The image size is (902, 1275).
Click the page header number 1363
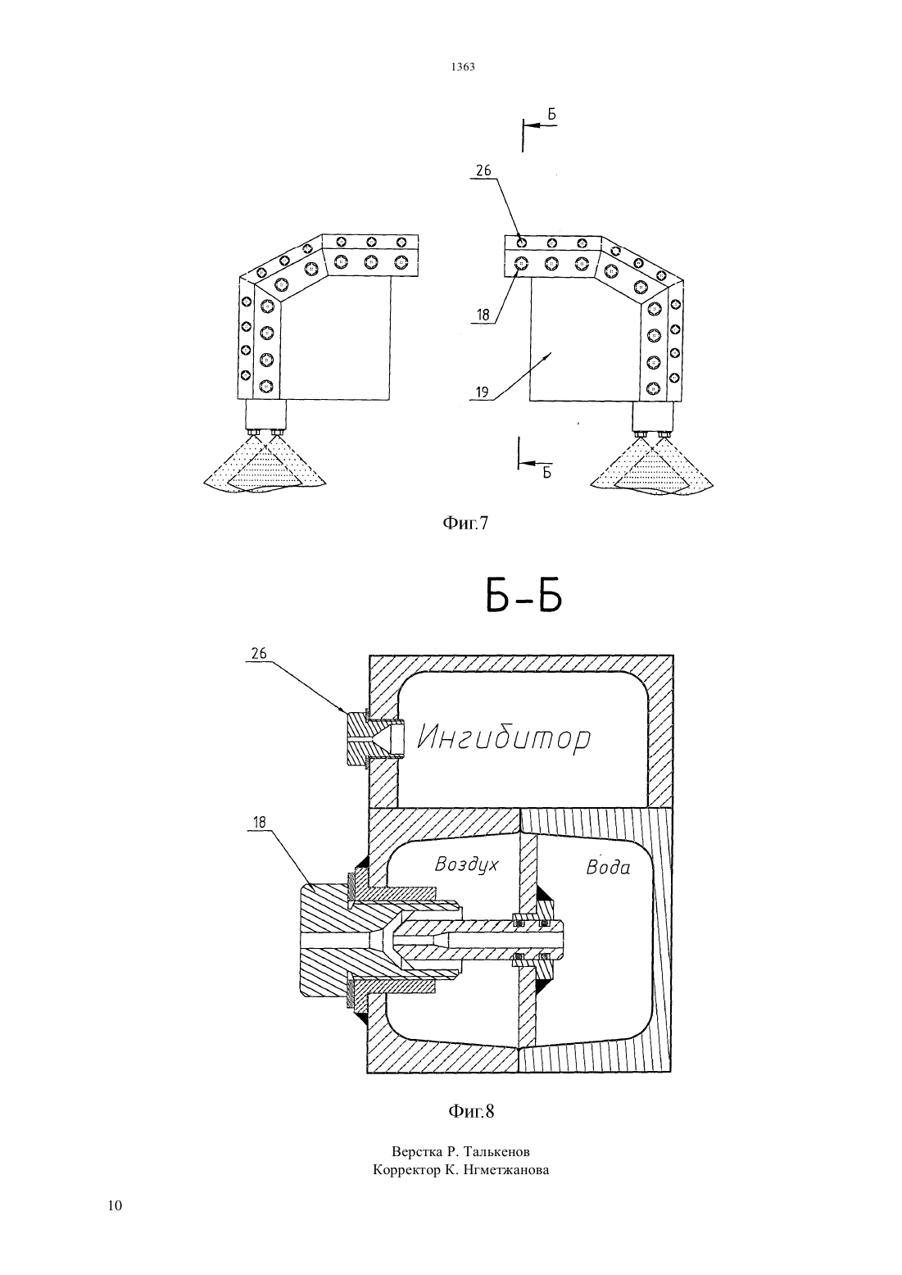coord(463,66)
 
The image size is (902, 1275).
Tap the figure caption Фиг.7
coord(465,523)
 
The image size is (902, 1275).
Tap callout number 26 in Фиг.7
coord(483,170)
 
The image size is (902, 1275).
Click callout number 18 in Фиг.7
coord(483,315)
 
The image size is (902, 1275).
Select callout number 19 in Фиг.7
coord(482,392)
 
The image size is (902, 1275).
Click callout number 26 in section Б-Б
coord(259,653)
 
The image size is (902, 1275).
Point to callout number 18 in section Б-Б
coord(260,822)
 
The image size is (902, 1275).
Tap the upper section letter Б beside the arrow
coord(552,115)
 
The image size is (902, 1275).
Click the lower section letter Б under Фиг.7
coord(547,473)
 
